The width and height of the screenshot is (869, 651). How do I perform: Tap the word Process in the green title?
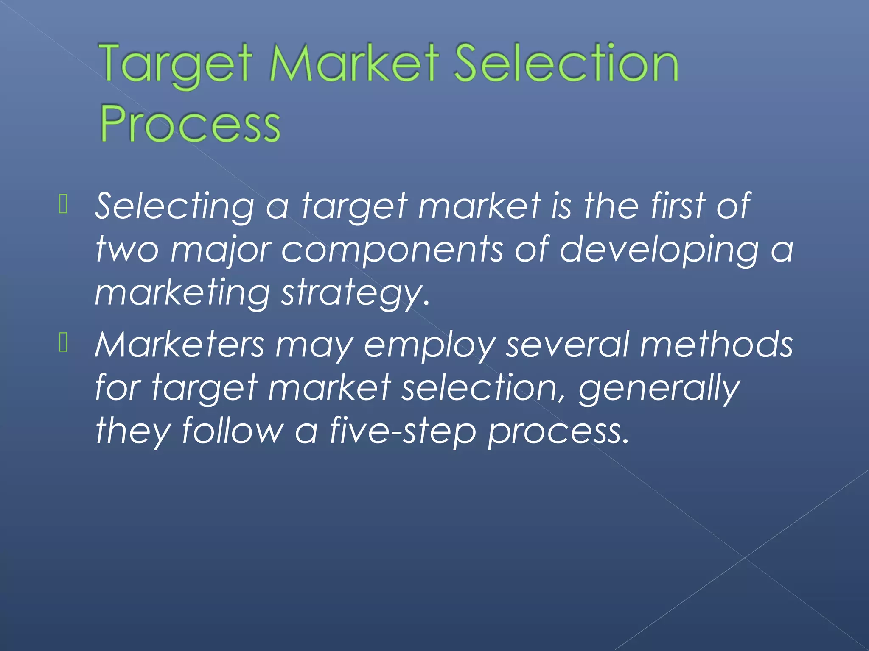click(x=190, y=124)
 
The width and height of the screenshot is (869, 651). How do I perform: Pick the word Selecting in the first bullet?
click(x=174, y=206)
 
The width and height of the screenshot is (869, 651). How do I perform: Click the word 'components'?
click(x=393, y=250)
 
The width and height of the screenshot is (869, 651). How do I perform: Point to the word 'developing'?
click(x=659, y=250)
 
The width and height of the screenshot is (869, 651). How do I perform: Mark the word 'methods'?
click(x=716, y=345)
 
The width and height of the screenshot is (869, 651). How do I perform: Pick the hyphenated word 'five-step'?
click(x=403, y=431)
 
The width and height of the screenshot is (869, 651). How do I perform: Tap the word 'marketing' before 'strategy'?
click(x=182, y=293)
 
